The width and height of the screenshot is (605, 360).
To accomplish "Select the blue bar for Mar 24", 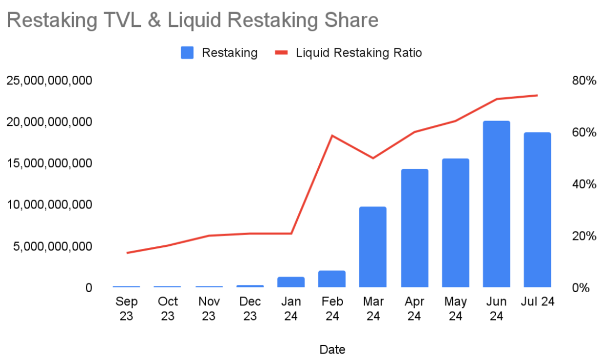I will click(x=373, y=247).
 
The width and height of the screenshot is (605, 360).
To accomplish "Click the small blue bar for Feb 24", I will click(x=332, y=279).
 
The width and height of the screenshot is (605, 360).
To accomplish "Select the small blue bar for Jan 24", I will click(x=291, y=282).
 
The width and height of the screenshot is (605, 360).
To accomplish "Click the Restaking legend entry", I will click(x=219, y=53).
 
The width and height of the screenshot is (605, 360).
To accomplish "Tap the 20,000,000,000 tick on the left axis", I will click(x=49, y=122).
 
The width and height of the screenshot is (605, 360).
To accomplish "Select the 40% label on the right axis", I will click(x=584, y=184).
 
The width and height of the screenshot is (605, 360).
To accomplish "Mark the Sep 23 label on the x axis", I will click(x=126, y=308).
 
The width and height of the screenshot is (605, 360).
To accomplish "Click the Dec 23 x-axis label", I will click(x=249, y=308).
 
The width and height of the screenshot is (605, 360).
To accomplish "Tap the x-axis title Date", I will click(x=332, y=349).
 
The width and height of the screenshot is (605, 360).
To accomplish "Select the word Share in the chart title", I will click(x=350, y=20).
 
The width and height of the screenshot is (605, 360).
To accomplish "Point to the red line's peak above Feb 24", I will click(x=332, y=135).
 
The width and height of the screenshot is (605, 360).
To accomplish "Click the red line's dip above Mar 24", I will click(x=373, y=158).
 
